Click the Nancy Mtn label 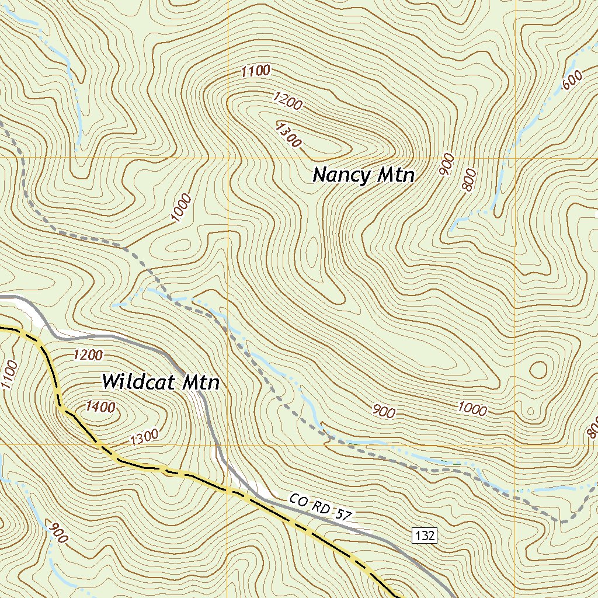pyautogui.click(x=363, y=175)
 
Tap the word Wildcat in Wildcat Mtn pyautogui.click(x=138, y=382)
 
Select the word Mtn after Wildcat pyautogui.click(x=200, y=383)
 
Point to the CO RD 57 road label pyautogui.click(x=321, y=508)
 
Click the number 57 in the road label pyautogui.click(x=343, y=514)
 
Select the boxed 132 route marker pyautogui.click(x=425, y=536)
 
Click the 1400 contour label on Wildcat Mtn pyautogui.click(x=100, y=407)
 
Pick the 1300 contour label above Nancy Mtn pyautogui.click(x=288, y=134)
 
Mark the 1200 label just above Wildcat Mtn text pyautogui.click(x=88, y=354)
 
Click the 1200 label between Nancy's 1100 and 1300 pyautogui.click(x=287, y=101)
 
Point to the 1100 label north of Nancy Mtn pyautogui.click(x=256, y=71)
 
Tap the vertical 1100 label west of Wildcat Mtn pyautogui.click(x=9, y=375)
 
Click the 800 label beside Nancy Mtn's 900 pyautogui.click(x=469, y=180)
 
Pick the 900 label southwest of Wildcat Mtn pyautogui.click(x=57, y=533)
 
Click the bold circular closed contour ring pyautogui.click(x=538, y=370)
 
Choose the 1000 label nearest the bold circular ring pyautogui.click(x=472, y=409)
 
